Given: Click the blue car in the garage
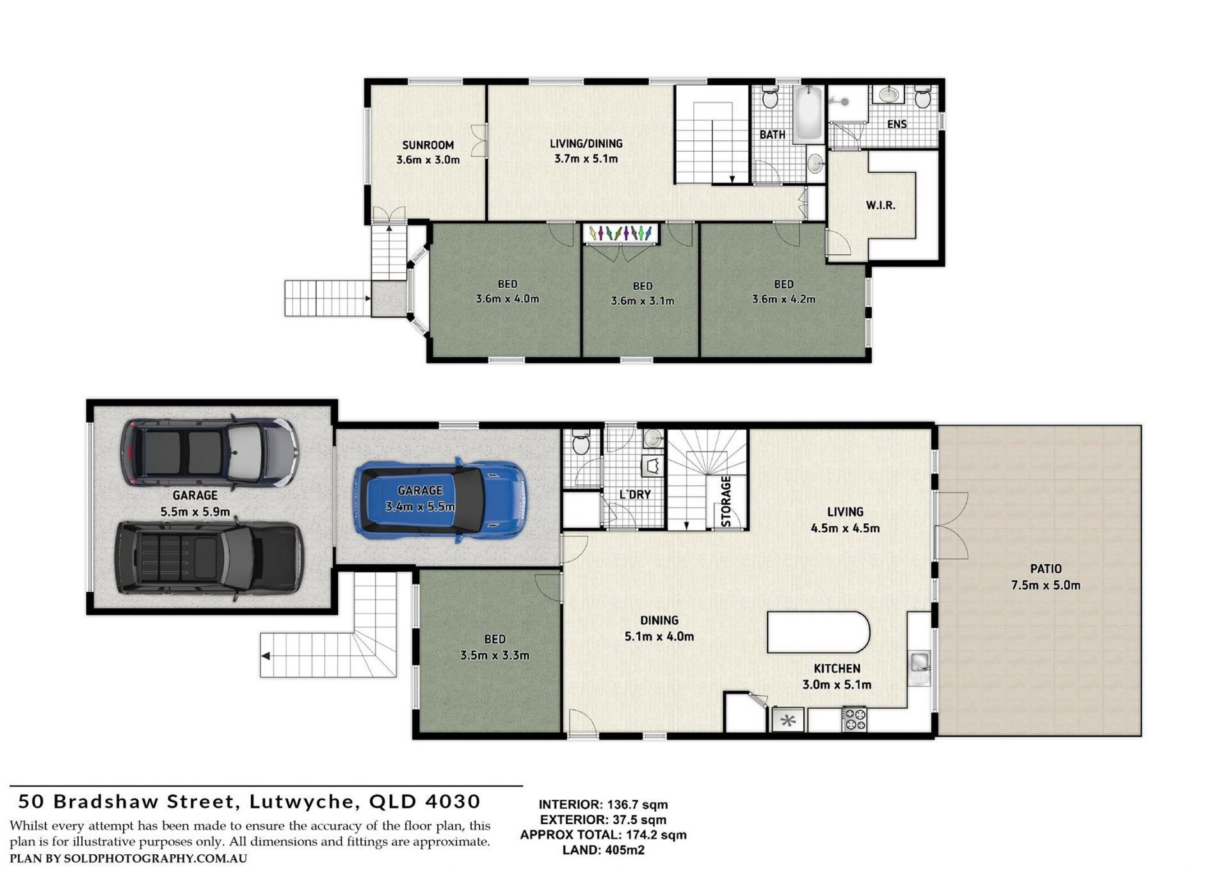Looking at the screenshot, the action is [441, 499].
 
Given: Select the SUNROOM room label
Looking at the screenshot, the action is [428, 145].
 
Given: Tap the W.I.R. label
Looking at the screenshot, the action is [881, 206].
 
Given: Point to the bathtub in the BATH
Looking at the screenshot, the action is [809, 115].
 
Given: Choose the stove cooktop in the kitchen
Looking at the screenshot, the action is [853, 719].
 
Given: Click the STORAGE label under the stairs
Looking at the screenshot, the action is [727, 501].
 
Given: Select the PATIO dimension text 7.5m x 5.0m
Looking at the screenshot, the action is [1045, 585].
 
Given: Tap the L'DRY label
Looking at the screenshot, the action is [635, 494].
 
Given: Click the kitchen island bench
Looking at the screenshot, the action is [818, 632].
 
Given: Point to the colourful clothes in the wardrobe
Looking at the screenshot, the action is [621, 233].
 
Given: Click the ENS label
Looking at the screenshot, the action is [897, 124].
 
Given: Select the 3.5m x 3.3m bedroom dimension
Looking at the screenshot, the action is [494, 655].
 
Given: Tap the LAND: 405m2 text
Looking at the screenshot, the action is [603, 850].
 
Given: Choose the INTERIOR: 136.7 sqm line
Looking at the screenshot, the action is [603, 805].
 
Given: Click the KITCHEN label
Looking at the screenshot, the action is [837, 669].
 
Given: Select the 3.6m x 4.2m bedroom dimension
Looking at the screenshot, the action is [783, 299].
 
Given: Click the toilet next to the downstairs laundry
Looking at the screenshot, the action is [581, 442].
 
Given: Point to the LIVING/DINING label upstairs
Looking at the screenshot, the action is [586, 144].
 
